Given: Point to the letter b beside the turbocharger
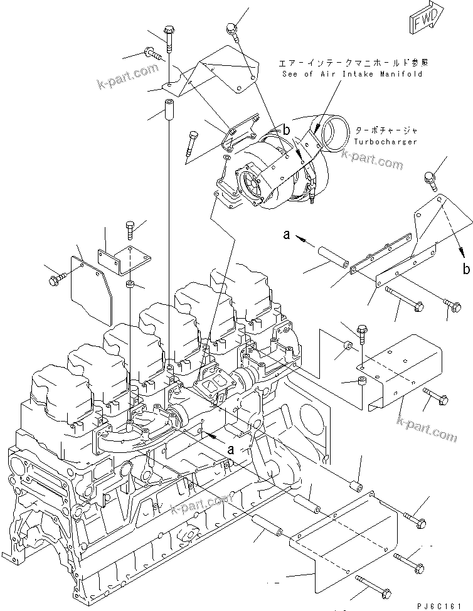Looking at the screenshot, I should point(286,130).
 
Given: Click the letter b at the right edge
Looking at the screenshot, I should point(465,270).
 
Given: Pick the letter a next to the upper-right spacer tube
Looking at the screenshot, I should point(286,235).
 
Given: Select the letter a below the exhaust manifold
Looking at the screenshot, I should point(231,449).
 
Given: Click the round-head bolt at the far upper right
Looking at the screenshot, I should point(431,178).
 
